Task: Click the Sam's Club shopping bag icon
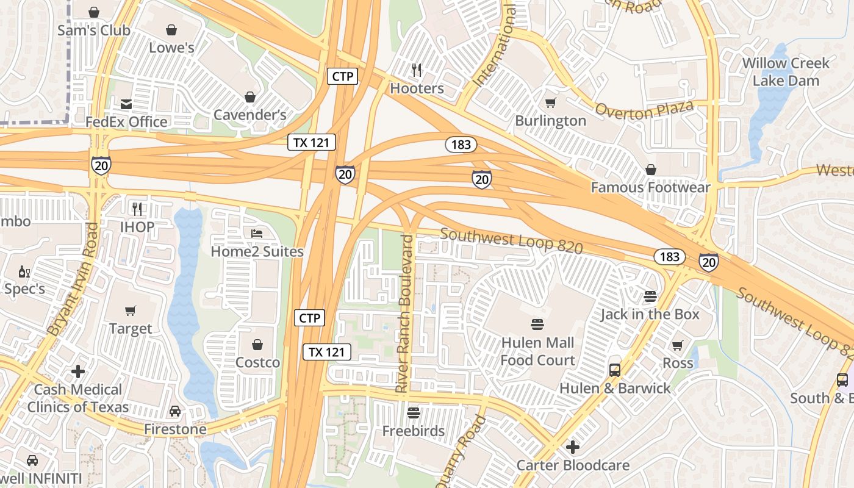coord(94,12)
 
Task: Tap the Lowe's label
coord(171,48)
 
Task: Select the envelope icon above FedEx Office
coord(126,104)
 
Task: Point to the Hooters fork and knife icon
coord(417,70)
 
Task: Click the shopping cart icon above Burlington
coord(550,102)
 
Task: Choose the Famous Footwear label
coord(650,187)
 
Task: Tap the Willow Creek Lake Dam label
coord(786,71)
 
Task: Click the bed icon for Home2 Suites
coord(257,234)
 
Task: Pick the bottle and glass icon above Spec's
coord(24,271)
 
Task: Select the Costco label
coord(257,362)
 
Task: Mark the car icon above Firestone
coord(175,411)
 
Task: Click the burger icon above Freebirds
coord(414,413)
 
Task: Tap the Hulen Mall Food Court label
coord(537,351)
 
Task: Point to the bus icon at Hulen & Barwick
coord(614,370)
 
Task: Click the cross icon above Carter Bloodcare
coord(572,447)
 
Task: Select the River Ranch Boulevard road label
coord(406,313)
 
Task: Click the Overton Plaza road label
coord(644,110)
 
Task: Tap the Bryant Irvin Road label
coord(73,279)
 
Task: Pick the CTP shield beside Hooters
coord(342,76)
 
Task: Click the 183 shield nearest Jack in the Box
coord(669,256)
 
